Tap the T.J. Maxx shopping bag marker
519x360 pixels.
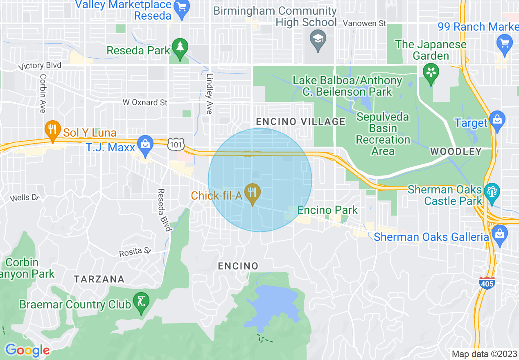tap(144, 144)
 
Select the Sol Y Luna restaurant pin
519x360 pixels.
tap(52, 129)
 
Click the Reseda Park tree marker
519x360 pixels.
tap(179, 47)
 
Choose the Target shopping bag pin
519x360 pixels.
tap(497, 120)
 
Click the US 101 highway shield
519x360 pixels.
tap(176, 144)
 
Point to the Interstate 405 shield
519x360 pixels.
tap(487, 283)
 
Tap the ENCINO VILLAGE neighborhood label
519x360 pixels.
tap(300, 122)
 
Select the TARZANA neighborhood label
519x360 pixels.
tap(99, 279)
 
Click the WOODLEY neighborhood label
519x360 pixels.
tap(456, 151)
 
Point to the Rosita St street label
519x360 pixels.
tap(135, 253)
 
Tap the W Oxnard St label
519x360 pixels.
tap(145, 102)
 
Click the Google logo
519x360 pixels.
tap(27, 350)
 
